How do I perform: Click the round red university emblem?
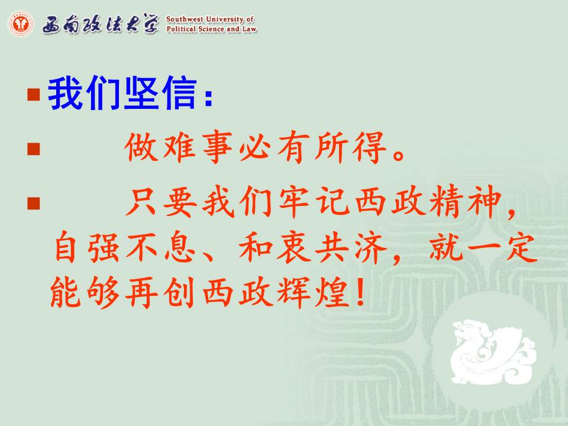21,24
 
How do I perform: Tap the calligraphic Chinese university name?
101,24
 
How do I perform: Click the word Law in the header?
250,29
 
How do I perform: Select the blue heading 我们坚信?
122,93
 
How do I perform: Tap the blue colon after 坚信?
208,97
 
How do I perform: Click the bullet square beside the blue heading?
33,94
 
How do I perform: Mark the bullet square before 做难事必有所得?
33,149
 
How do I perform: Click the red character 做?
141,146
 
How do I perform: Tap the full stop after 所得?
398,154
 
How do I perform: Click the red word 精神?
466,201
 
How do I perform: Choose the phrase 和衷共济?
312,247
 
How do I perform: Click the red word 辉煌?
314,292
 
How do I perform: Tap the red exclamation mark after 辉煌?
360,292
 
